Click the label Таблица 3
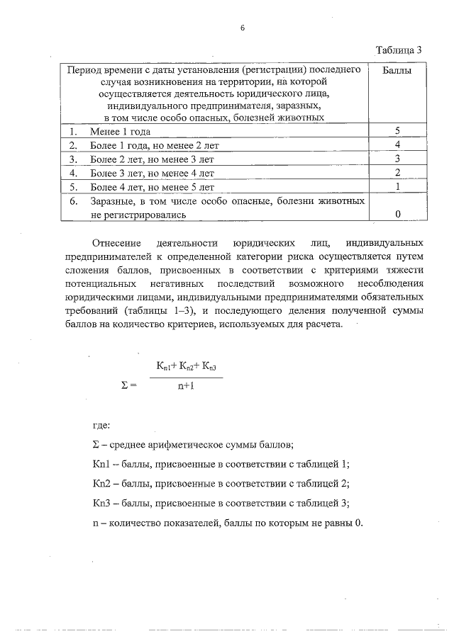coord(399,50)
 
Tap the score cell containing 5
coord(398,132)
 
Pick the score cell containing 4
coord(398,145)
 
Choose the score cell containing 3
coord(398,159)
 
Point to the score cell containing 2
coord(398,173)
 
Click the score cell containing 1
coord(398,186)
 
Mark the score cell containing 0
coord(398,213)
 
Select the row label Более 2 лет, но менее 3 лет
coord(152,159)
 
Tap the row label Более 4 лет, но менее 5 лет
coord(152,187)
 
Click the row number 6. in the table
coord(73,201)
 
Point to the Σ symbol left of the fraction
coord(126,386)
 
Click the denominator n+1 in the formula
coord(186,387)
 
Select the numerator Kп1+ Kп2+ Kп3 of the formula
coord(186,367)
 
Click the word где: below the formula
coord(101,426)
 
